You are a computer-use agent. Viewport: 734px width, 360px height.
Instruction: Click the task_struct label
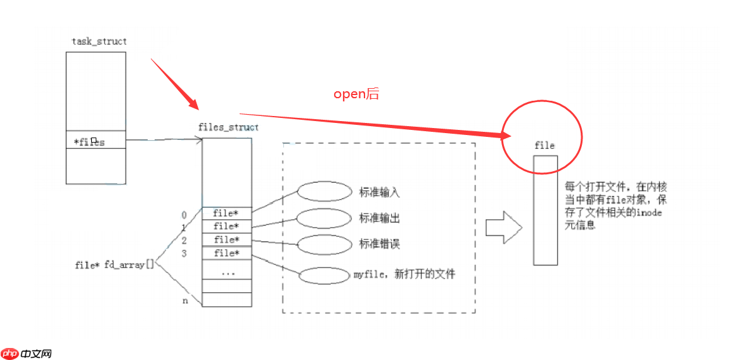click(x=99, y=41)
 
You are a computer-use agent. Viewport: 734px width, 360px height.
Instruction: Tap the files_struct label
click(x=228, y=127)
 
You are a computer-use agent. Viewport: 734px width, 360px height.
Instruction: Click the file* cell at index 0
click(x=226, y=214)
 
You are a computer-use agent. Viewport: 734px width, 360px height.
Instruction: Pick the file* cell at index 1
click(x=226, y=227)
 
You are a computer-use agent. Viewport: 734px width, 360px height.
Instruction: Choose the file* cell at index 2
click(x=226, y=240)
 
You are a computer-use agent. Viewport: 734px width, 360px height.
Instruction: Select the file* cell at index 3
click(x=226, y=254)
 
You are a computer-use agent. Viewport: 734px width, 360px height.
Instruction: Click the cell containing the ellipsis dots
click(x=226, y=271)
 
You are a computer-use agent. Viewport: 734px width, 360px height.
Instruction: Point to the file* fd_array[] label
click(x=114, y=265)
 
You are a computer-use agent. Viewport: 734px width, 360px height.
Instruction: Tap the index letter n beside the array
click(x=185, y=300)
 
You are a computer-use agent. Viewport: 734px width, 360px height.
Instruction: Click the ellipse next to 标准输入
click(x=324, y=191)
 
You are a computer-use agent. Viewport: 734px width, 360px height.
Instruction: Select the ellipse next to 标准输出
click(x=324, y=218)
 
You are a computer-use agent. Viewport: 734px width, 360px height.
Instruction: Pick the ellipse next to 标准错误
click(x=324, y=244)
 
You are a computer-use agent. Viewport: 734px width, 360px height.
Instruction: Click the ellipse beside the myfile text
click(x=324, y=276)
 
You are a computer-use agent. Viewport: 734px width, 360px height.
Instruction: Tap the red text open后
click(x=356, y=94)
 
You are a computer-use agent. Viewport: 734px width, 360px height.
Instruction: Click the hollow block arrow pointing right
click(x=503, y=227)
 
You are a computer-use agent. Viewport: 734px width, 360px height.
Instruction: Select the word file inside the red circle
click(x=544, y=146)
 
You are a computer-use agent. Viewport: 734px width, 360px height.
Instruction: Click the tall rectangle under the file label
click(x=545, y=210)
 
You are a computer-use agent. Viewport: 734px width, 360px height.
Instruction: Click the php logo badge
click(x=10, y=353)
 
